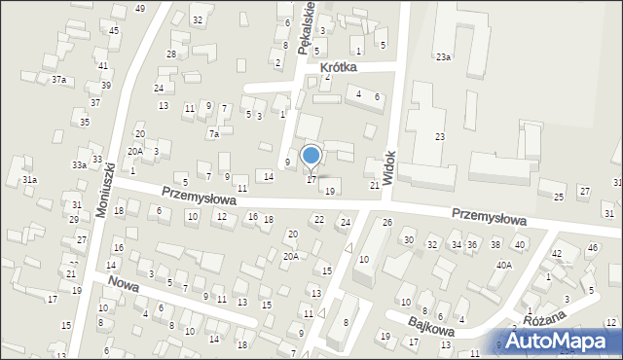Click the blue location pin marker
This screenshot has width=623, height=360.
pyautogui.click(x=311, y=156)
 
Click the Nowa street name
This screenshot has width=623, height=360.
pyautogui.click(x=124, y=286)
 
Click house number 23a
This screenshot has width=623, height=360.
pyautogui.click(x=443, y=57)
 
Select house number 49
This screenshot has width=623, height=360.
pyautogui.click(x=141, y=8)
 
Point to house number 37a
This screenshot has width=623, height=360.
pyautogui.click(x=59, y=79)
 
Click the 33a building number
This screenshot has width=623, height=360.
pyautogui.click(x=79, y=165)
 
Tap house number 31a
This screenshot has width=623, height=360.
pyautogui.click(x=30, y=180)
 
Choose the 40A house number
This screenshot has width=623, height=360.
pyautogui.click(x=503, y=265)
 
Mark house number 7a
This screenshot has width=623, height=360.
pyautogui.click(x=213, y=134)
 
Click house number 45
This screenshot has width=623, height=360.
pyautogui.click(x=114, y=30)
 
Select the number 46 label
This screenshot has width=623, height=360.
pyautogui.click(x=592, y=248)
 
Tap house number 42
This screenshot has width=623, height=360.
pyautogui.click(x=557, y=253)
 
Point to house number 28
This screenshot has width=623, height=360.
pyautogui.click(x=171, y=54)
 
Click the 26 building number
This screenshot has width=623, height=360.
pyautogui.click(x=386, y=223)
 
